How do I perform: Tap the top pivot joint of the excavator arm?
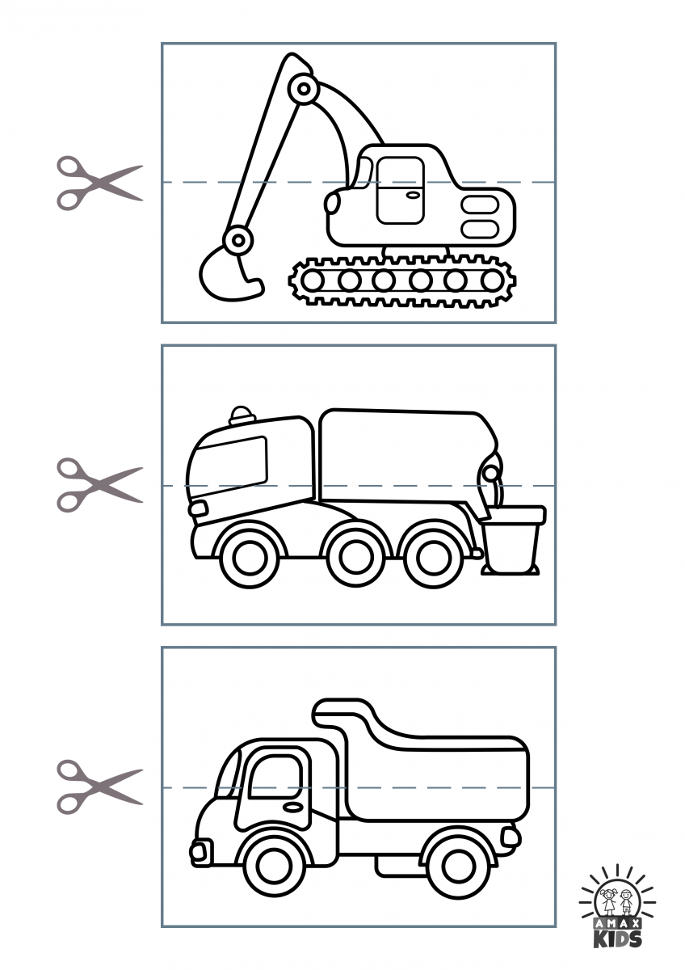305,89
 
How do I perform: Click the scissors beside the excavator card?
99,183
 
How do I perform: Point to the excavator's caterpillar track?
402,280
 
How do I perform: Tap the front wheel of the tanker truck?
249,557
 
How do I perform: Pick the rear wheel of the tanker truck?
434,557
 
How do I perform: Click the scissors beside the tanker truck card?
99,486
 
